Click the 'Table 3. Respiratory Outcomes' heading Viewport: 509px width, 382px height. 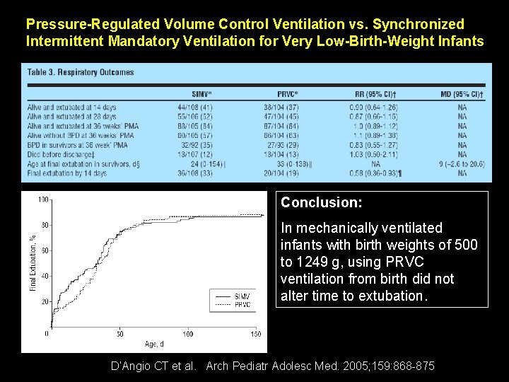pos(81,72)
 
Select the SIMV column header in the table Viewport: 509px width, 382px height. pos(202,94)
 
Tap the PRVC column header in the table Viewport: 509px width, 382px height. pos(288,94)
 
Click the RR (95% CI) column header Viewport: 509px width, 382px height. pos(375,94)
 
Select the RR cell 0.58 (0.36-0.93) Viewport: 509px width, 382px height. pos(375,173)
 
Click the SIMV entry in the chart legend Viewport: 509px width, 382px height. pos(241,296)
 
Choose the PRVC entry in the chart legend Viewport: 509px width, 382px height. pos(241,305)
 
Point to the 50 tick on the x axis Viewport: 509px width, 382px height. pos(119,333)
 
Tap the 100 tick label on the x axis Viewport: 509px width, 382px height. pos(188,333)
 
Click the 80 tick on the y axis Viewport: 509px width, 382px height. pos(44,225)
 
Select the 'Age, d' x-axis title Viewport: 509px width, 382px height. pos(154,344)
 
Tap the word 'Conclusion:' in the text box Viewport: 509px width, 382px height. pos(322,203)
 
